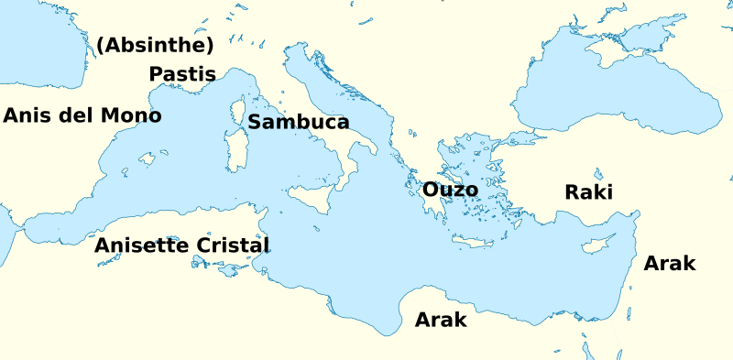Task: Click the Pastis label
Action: click(182, 74)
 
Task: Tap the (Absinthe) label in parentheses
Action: click(155, 45)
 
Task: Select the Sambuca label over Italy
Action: click(299, 122)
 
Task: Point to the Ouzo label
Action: click(450, 190)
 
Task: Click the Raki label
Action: click(588, 191)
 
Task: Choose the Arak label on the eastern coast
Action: click(670, 264)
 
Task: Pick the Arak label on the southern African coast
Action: click(441, 320)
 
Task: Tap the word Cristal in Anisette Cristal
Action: click(233, 245)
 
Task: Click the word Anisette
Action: click(142, 245)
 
